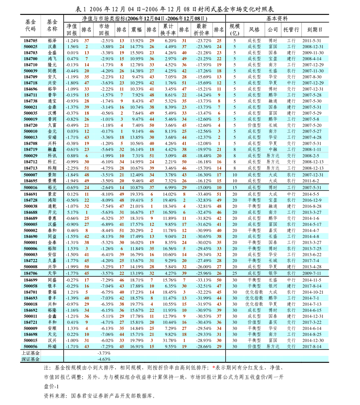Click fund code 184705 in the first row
[31, 40]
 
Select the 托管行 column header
[291, 30]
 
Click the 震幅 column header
[136, 30]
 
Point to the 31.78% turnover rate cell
[170, 340]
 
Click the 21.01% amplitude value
[137, 206]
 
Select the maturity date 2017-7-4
[311, 261]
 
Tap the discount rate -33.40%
[204, 194]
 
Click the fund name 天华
[52, 273]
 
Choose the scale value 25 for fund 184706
[234, 273]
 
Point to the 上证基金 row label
[31, 353]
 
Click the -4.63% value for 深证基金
[104, 359]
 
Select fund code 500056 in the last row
[31, 346]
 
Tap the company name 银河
[273, 286]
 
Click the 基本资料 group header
[277, 19]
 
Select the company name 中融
[273, 149]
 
